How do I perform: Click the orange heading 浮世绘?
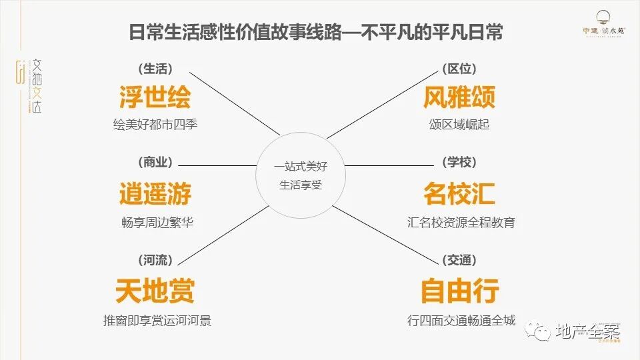point(155,97)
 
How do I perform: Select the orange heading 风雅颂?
point(459,97)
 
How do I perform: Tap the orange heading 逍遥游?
point(155,193)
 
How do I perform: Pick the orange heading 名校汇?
point(459,193)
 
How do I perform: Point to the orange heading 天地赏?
point(155,291)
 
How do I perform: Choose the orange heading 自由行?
point(459,291)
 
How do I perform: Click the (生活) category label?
point(155,69)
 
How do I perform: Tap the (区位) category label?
point(459,69)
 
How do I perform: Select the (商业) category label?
point(155,163)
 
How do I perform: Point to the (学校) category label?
point(459,163)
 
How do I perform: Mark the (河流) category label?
point(155,260)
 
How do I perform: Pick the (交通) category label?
point(459,260)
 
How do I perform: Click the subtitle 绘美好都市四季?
point(155,125)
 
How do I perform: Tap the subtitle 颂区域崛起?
point(459,125)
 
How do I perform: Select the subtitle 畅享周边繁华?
point(155,222)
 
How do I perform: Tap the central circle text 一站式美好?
point(300,166)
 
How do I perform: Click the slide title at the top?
point(316,33)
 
